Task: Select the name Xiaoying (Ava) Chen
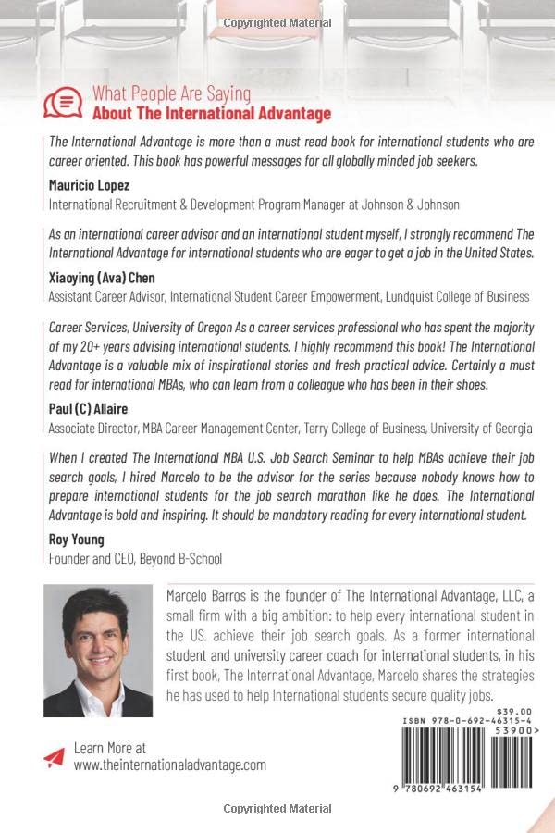103,277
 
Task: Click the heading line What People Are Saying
171,93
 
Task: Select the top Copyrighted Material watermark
277,22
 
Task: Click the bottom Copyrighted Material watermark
277,809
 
